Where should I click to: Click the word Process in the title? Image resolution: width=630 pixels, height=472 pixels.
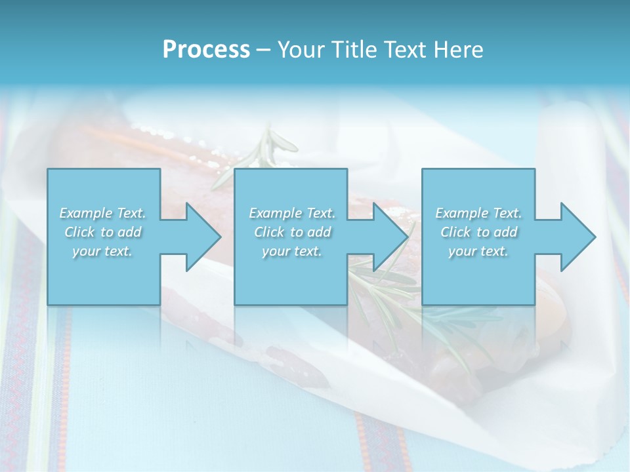coord(206,50)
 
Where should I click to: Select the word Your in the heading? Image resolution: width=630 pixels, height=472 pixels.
coord(299,50)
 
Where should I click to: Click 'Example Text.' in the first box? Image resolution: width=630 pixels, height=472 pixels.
coord(103,213)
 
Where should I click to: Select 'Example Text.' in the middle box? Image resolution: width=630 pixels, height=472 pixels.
coord(292,213)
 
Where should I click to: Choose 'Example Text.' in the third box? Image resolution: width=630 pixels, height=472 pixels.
coord(478,213)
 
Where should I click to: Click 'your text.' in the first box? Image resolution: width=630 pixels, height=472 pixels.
coord(103,251)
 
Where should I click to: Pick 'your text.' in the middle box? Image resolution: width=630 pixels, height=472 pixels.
coord(292,251)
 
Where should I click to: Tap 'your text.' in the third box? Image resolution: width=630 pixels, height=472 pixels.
coord(478,251)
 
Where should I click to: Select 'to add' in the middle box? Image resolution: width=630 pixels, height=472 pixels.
coord(310,232)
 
